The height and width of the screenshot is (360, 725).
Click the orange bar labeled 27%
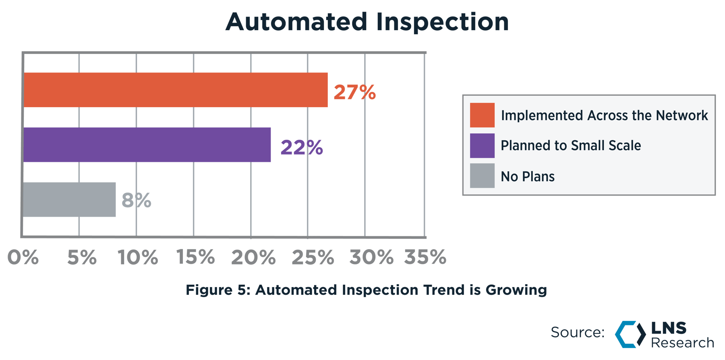click(176, 90)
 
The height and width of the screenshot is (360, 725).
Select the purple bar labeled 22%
click(147, 145)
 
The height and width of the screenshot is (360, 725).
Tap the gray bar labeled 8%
click(69, 200)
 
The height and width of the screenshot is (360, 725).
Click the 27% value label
click(355, 92)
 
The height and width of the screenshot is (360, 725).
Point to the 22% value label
click(302, 147)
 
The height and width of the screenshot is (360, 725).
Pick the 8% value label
click(136, 200)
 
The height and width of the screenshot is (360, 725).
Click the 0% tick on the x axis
click(23, 257)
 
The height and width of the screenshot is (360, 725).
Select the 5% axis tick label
click(82, 257)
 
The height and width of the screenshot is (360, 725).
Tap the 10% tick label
click(138, 257)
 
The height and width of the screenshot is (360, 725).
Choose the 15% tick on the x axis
click(196, 257)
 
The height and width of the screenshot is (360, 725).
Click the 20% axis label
click(253, 257)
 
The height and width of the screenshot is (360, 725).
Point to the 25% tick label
click(313, 257)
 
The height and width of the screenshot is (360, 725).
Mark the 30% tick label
click(371, 257)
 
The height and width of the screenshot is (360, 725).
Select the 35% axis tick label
click(425, 257)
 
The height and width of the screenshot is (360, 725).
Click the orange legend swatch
click(482, 115)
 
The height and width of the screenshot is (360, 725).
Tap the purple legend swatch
click(482, 146)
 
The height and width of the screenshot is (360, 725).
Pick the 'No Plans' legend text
click(528, 176)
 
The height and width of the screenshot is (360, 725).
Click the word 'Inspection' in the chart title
click(443, 22)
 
